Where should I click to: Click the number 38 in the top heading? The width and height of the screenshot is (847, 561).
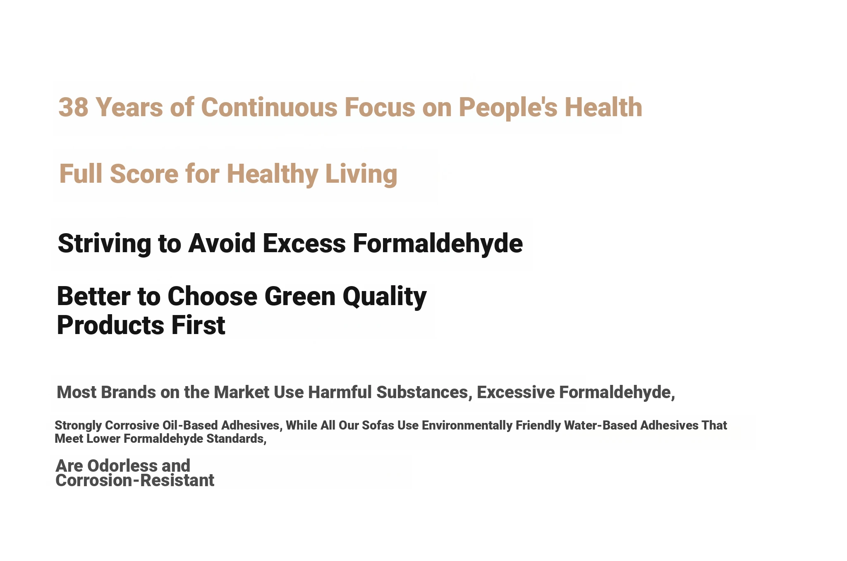click(x=74, y=107)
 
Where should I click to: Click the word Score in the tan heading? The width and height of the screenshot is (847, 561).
click(x=144, y=173)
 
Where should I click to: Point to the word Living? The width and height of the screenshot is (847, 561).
click(x=361, y=174)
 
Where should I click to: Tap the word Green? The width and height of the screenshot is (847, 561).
click(x=300, y=296)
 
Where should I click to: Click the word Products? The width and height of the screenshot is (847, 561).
click(x=110, y=325)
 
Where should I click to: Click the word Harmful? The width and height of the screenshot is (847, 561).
click(x=340, y=392)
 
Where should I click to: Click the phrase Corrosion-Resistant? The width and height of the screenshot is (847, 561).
click(x=135, y=480)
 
